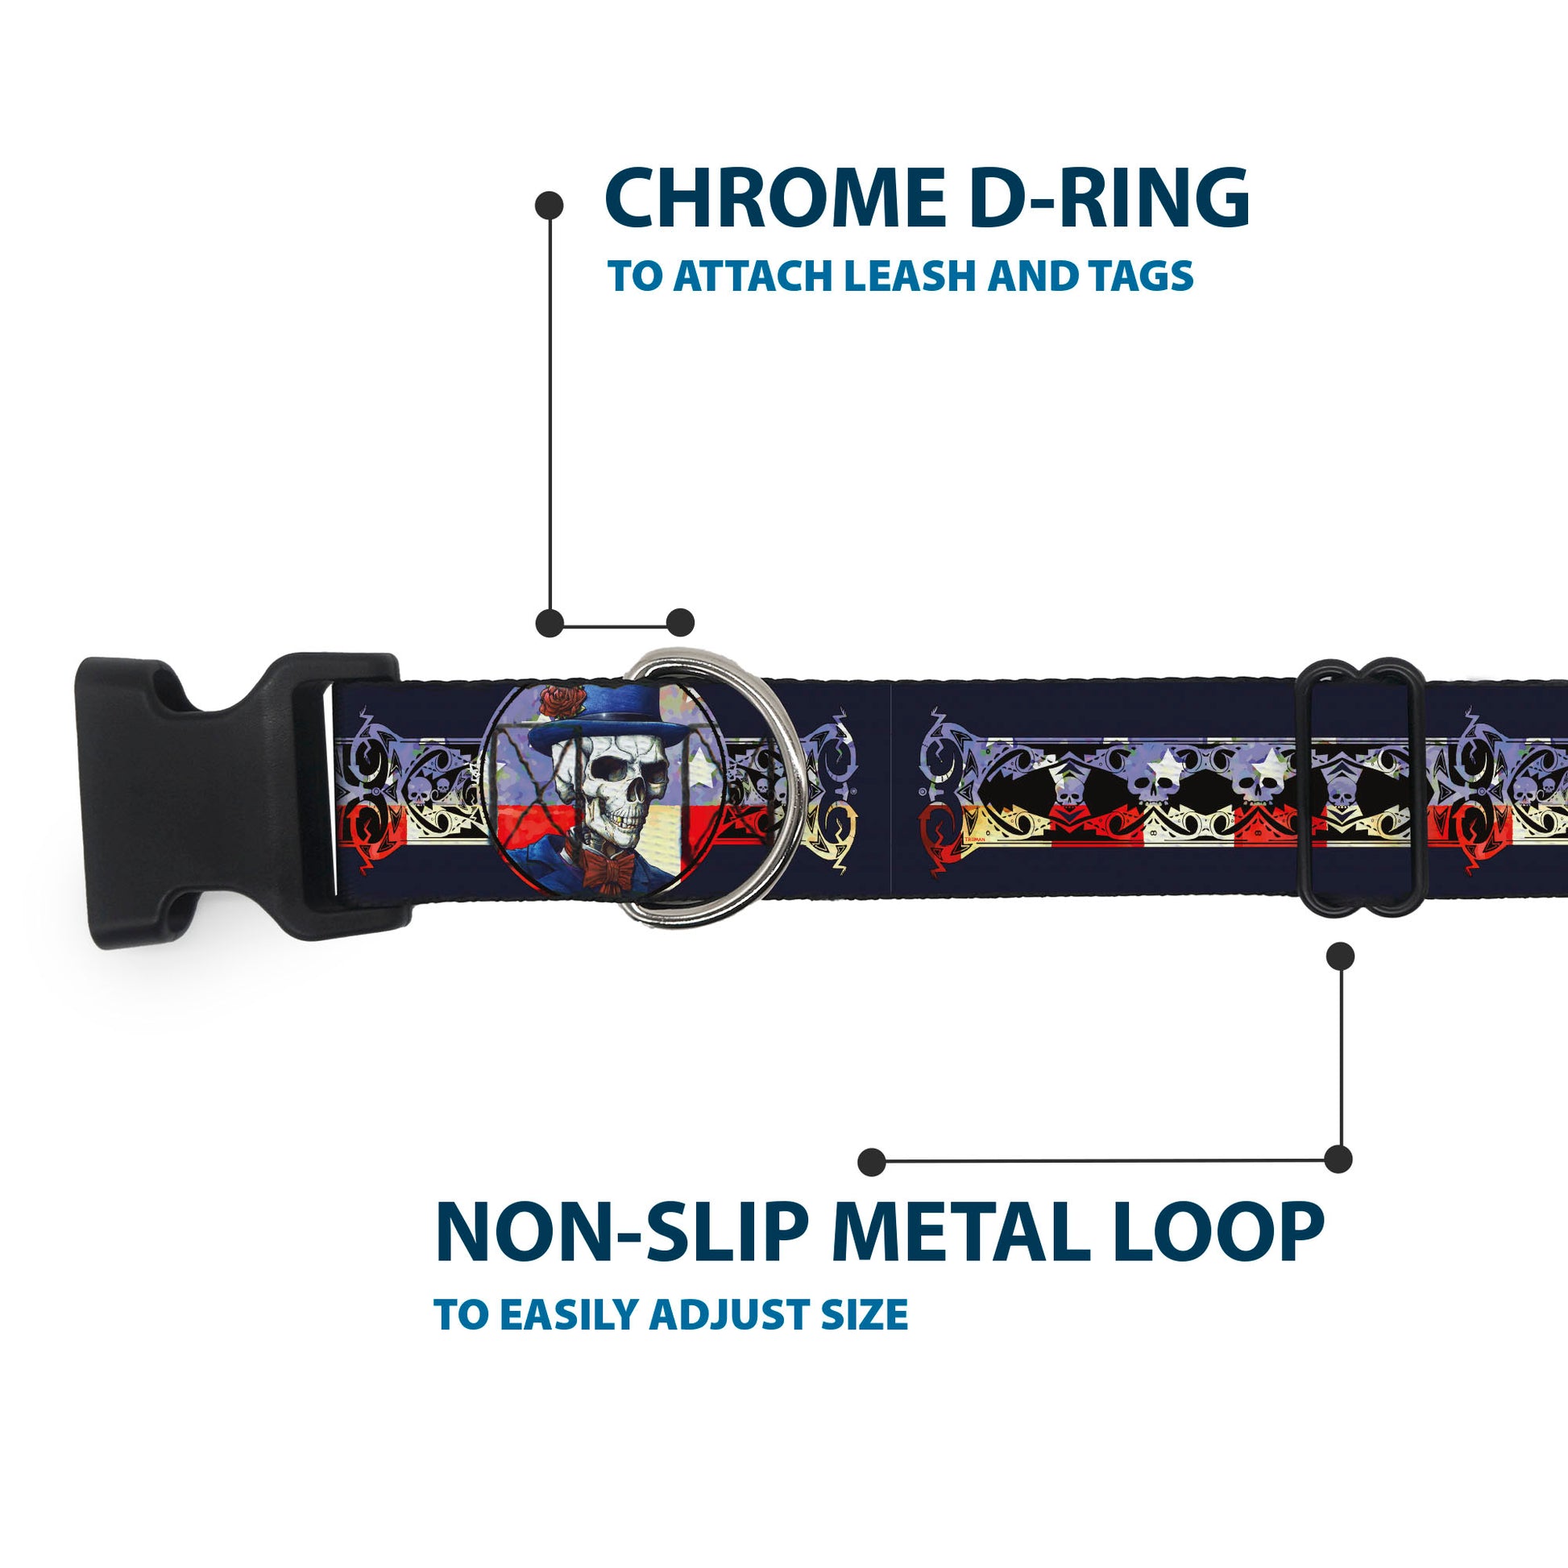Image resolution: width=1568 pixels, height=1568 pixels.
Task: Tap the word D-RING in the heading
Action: [1110, 199]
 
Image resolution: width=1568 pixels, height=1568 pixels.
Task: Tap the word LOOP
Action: [1218, 1234]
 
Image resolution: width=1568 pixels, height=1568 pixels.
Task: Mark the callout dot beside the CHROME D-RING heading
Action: [550, 205]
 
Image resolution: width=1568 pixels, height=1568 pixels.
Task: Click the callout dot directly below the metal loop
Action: [1340, 957]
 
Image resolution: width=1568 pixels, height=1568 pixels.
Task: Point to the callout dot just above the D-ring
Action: [680, 624]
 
